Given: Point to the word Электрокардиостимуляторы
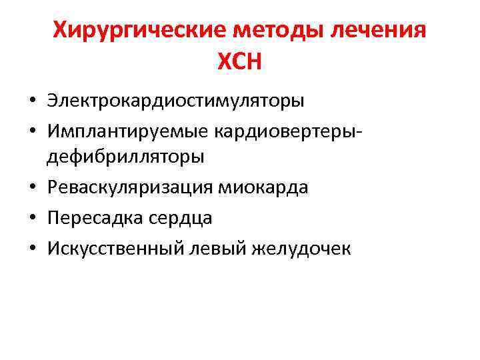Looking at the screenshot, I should [x=175, y=101].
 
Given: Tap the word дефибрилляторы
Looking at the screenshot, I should [x=125, y=157].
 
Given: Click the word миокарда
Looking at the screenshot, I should [x=261, y=187].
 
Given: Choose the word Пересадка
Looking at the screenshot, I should [x=91, y=218].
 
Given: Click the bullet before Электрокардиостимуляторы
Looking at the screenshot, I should [x=33, y=102].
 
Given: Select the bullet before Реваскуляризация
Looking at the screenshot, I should [x=33, y=188].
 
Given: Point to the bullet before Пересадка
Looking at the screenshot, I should [x=33, y=219].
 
